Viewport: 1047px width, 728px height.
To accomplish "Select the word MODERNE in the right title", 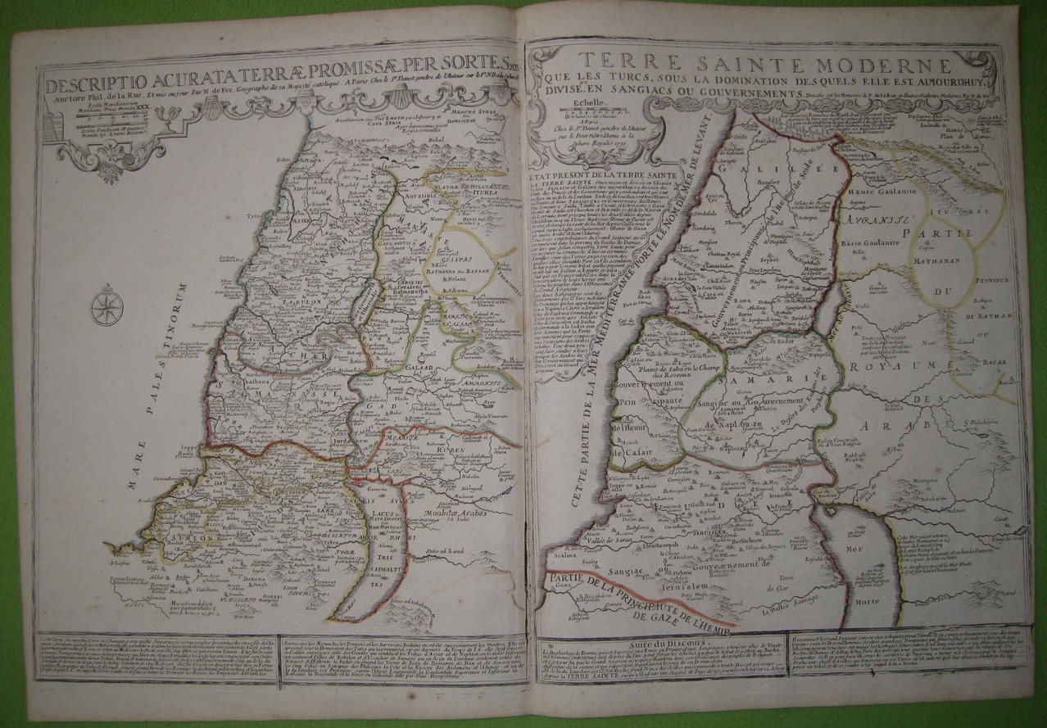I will pos(877,65).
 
